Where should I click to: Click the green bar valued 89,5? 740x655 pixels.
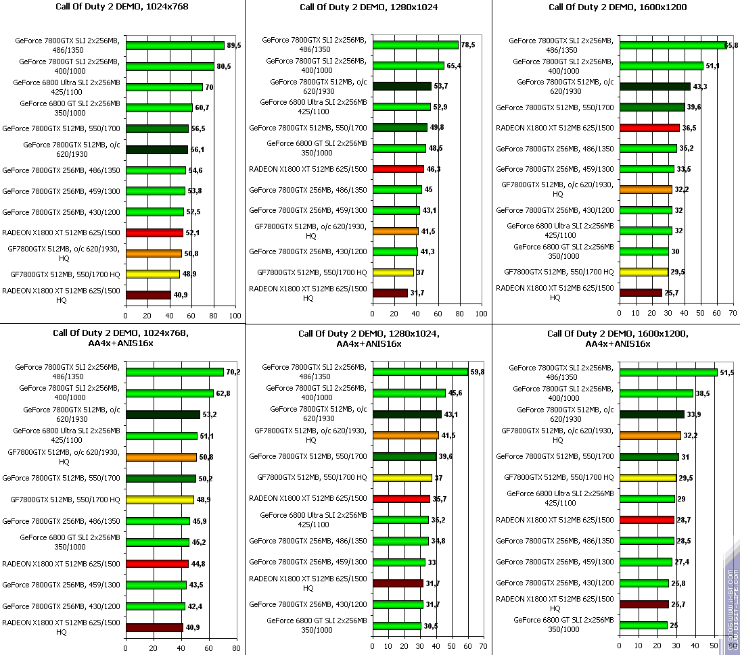175,46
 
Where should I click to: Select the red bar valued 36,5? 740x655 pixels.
649,128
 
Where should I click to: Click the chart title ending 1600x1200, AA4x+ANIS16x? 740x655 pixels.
616,339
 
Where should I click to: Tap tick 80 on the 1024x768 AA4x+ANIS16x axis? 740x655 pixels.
235,648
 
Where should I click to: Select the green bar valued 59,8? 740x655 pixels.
420,372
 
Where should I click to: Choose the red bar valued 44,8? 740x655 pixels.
157,564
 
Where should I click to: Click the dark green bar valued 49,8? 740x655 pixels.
400,128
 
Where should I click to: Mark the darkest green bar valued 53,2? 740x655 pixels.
163,414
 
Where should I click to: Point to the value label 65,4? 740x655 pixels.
455,66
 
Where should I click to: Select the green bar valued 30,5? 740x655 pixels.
396,626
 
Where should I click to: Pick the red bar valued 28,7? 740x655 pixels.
647,520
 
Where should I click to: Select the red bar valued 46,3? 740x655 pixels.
398,169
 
